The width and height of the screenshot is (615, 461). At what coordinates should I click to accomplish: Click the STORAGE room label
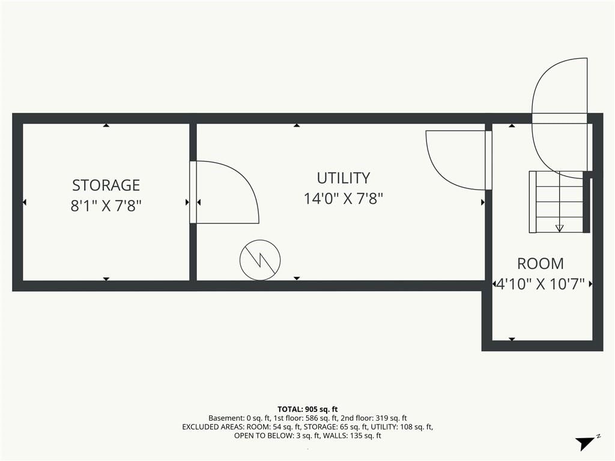(x=106, y=185)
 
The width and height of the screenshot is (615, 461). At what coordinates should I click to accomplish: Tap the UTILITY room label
(x=343, y=178)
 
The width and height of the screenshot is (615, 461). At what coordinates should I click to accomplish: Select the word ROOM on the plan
(x=541, y=264)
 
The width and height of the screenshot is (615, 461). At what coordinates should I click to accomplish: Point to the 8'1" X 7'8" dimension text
(x=106, y=205)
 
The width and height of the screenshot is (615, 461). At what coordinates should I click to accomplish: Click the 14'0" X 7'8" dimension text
(x=343, y=199)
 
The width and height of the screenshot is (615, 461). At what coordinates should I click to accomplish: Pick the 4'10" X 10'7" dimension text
(x=541, y=284)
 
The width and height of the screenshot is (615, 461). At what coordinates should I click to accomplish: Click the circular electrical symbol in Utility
(x=260, y=260)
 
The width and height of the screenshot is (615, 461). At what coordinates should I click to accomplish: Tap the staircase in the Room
(x=557, y=202)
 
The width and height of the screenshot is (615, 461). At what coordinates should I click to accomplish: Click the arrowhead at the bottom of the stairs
(x=560, y=228)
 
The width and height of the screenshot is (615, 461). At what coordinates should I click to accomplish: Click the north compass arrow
(x=586, y=443)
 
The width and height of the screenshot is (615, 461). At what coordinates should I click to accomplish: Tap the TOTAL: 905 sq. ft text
(x=307, y=409)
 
